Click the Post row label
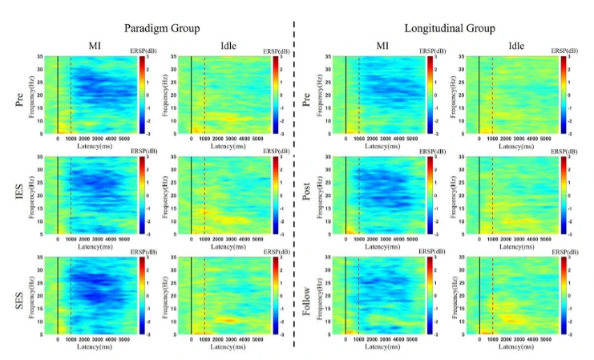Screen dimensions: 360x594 [x=308, y=190]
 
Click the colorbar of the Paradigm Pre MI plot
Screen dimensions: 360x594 [x=141, y=95]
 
